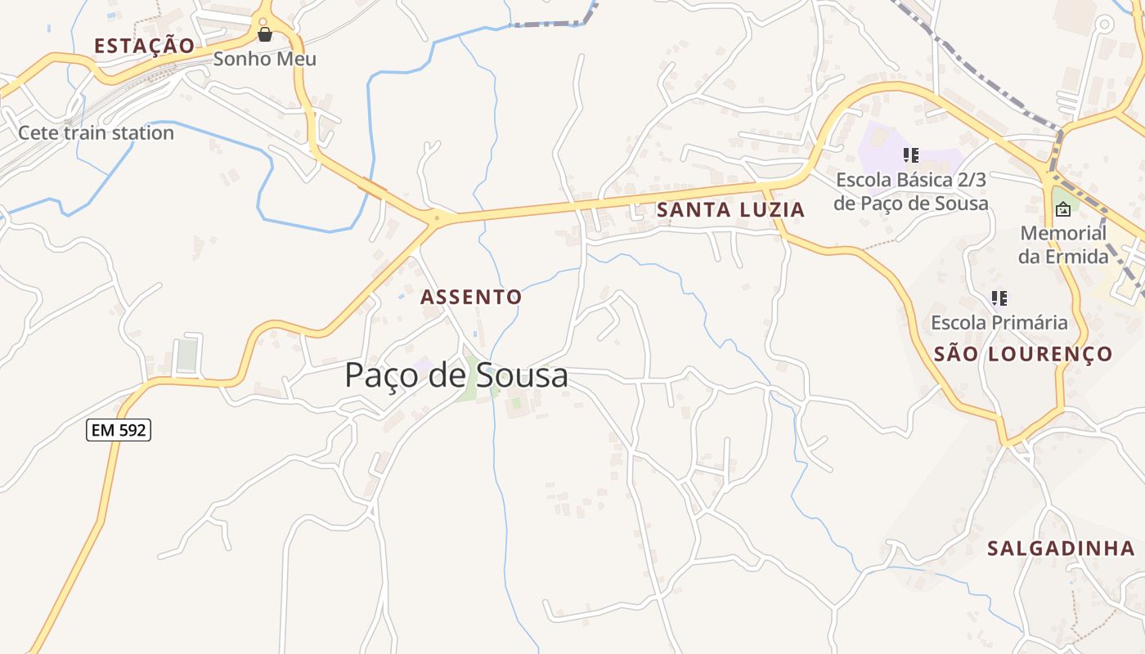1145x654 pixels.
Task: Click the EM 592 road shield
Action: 119,429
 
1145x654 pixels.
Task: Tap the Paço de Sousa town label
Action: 456,375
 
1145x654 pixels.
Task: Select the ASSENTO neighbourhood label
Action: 471,297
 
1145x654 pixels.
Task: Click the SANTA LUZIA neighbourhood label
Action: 730,210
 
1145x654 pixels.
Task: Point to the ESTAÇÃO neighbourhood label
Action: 145,46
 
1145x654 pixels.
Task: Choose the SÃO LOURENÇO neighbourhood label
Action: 1023,354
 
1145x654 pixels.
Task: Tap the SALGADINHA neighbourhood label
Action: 1061,549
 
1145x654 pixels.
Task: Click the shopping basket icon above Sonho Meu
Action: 264,34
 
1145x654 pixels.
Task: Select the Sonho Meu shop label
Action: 264,59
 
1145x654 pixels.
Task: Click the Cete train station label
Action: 96,132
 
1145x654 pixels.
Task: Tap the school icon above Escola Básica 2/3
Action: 911,155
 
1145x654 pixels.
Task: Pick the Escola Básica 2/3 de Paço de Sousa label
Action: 911,191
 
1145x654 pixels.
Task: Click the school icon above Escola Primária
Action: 999,298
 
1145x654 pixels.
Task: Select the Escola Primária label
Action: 999,322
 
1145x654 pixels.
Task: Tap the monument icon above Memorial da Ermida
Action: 1062,209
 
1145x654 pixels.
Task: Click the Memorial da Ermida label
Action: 1063,244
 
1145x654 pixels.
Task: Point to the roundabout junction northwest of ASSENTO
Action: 437,218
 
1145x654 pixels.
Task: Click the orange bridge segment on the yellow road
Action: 372,188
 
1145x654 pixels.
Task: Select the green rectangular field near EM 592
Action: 187,354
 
